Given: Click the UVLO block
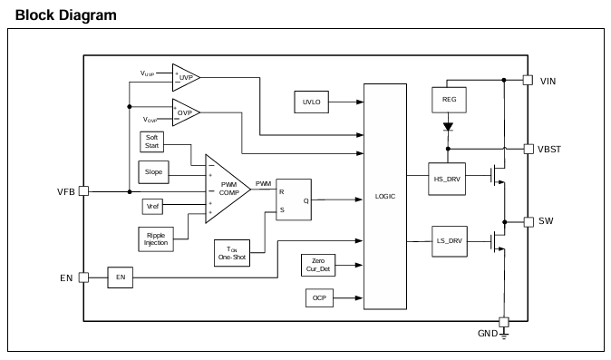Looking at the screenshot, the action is pyautogui.click(x=311, y=102).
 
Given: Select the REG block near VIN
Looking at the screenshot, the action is pyautogui.click(x=449, y=100).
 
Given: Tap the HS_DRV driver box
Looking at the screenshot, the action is pyautogui.click(x=447, y=179).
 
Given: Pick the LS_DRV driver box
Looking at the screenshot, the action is pyautogui.click(x=450, y=241).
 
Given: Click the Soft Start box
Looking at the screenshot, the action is pyautogui.click(x=151, y=141).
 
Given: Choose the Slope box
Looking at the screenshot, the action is pyautogui.click(x=153, y=172).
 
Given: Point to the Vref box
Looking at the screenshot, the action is pyautogui.click(x=152, y=207).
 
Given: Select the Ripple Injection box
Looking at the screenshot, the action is pyautogui.click(x=156, y=239).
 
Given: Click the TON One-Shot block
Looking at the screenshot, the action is pyautogui.click(x=232, y=253).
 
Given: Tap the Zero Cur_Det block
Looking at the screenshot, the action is pyautogui.click(x=318, y=265).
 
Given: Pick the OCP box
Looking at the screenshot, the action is pyautogui.click(x=319, y=298).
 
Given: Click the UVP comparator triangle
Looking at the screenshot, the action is pyautogui.click(x=186, y=78).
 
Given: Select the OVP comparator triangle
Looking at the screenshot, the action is pyautogui.click(x=186, y=112).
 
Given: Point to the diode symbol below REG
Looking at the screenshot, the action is pyautogui.click(x=448, y=127).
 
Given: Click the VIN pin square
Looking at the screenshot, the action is pyautogui.click(x=528, y=80).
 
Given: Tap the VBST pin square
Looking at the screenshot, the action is pyautogui.click(x=529, y=149).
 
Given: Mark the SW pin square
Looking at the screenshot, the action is pyautogui.click(x=529, y=222).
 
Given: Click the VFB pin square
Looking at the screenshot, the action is pyautogui.click(x=83, y=191).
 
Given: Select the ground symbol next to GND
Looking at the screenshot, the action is pyautogui.click(x=504, y=336).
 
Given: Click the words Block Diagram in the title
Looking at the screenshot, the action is pyautogui.click(x=66, y=15).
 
